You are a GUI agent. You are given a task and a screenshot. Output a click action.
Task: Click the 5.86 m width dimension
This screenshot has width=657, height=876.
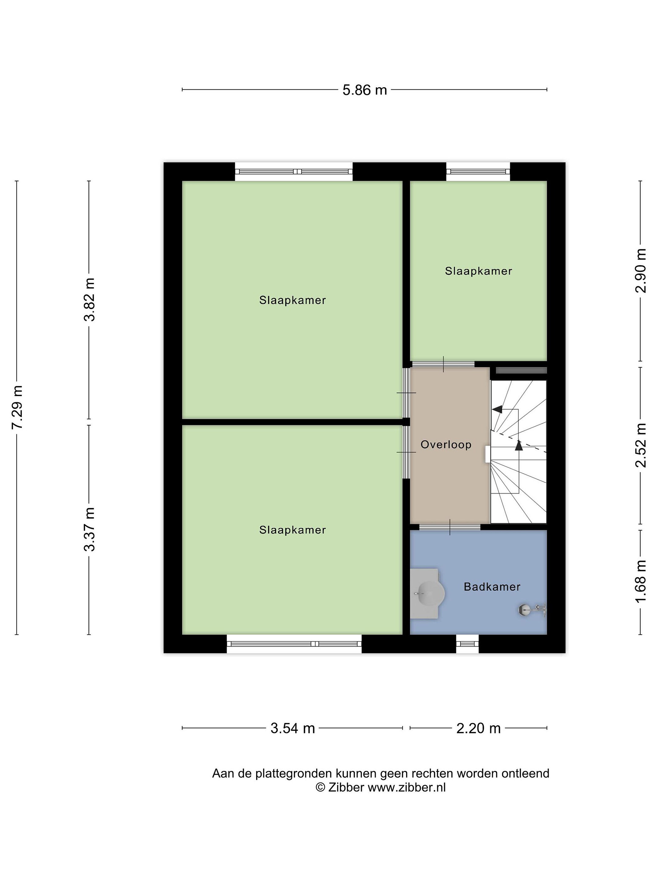364,90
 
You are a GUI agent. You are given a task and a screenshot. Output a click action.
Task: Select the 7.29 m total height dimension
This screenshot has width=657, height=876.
17,407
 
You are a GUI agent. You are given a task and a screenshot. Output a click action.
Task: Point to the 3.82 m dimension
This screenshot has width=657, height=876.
89,299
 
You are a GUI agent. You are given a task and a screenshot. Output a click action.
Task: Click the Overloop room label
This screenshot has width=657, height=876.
446,444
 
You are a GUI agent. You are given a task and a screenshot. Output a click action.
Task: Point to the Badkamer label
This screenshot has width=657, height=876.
492,586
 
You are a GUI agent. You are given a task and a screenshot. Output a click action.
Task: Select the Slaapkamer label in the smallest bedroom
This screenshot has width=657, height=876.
478,271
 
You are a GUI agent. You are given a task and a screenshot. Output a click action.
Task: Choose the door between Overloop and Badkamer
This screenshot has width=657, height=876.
450,527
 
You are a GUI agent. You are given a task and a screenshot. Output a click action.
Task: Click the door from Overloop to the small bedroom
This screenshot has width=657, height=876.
443,364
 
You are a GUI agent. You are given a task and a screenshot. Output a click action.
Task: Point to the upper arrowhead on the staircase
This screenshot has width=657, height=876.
497,409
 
